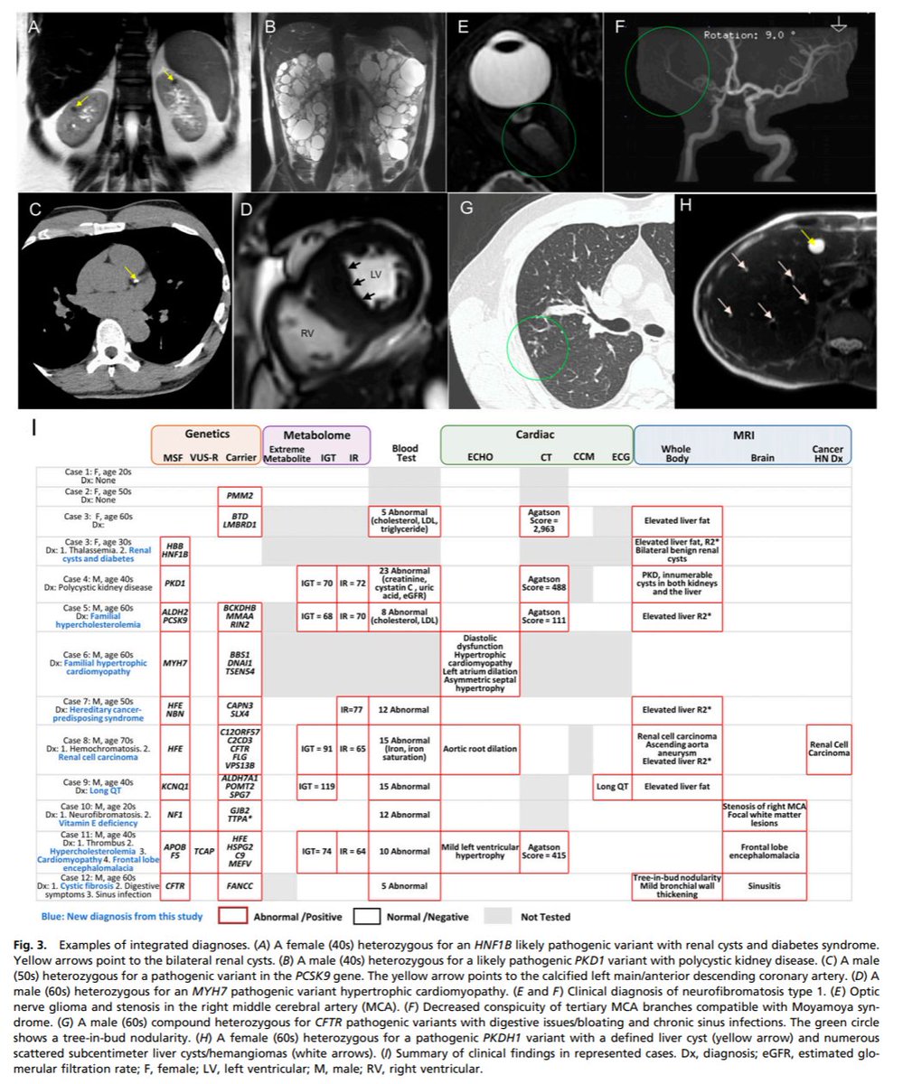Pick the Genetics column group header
tap(205, 435)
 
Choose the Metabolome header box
tap(313, 435)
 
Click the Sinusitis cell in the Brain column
tap(765, 887)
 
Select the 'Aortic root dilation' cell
tap(480, 748)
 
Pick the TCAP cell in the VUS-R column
tap(203, 850)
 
